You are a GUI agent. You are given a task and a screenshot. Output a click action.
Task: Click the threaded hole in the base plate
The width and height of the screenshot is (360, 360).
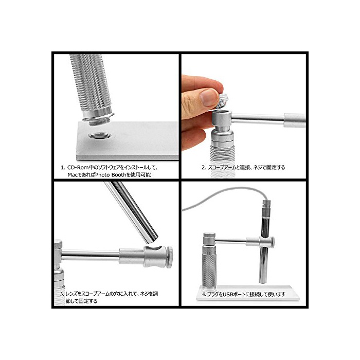pyautogui.click(x=100, y=136)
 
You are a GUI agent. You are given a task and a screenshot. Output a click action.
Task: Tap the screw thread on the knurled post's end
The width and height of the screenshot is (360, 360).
pyautogui.click(x=99, y=121)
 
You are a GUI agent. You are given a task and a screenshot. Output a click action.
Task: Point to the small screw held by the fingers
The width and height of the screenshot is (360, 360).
pyautogui.click(x=222, y=101)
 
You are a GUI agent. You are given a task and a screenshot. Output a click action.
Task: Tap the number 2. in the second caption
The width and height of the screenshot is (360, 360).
pyautogui.click(x=204, y=168)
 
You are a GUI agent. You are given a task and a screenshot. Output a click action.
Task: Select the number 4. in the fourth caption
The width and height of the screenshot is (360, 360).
pyautogui.click(x=204, y=294)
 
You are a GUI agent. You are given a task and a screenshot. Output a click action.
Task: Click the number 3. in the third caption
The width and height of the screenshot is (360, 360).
pyautogui.click(x=62, y=294)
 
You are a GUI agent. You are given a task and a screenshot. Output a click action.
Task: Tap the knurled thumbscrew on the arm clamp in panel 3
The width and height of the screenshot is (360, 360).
pyautogui.click(x=169, y=257)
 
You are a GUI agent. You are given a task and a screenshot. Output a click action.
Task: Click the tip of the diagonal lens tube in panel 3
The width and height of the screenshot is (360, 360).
pyautogui.click(x=152, y=240)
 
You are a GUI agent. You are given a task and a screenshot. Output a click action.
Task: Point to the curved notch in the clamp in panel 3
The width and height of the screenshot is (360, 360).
pyautogui.click(x=154, y=248)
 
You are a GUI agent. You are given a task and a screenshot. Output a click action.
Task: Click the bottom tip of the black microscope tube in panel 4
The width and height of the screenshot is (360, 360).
pyautogui.click(x=263, y=282)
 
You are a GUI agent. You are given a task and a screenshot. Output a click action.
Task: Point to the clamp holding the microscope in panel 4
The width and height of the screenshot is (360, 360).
pyautogui.click(x=267, y=242)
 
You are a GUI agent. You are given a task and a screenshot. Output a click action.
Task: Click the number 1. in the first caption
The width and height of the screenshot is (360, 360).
pyautogui.click(x=63, y=168)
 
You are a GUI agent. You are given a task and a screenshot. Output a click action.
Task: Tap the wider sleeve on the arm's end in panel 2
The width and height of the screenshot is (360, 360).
pyautogui.click(x=295, y=120)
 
